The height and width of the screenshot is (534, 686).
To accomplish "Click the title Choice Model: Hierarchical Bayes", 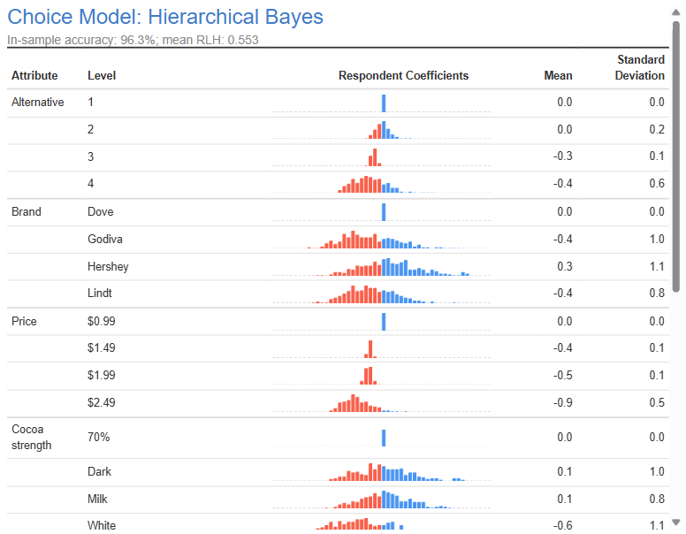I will (165, 17).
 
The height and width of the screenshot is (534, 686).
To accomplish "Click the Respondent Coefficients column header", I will (403, 76).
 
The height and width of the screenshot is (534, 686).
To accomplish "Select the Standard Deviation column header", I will (640, 67).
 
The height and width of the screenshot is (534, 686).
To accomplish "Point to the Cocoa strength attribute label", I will (32, 437).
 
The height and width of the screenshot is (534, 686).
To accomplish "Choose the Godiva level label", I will (105, 240).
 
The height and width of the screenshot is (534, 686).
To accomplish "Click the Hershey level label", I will (108, 267).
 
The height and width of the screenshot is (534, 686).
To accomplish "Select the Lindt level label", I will (100, 294).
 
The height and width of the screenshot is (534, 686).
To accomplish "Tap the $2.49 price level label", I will (102, 403).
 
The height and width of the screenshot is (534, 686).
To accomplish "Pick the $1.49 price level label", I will (102, 348).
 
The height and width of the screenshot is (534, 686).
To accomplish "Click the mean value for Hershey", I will (564, 267).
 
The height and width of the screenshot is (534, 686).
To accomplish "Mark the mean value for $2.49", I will (562, 403).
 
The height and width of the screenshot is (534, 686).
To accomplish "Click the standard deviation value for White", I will (657, 526).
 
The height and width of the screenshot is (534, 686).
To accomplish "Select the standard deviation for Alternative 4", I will (657, 184).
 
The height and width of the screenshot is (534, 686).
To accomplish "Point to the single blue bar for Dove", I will (384, 212).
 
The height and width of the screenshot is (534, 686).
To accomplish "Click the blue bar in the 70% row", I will (384, 438).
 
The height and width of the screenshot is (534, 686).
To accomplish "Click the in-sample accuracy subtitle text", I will (133, 40).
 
